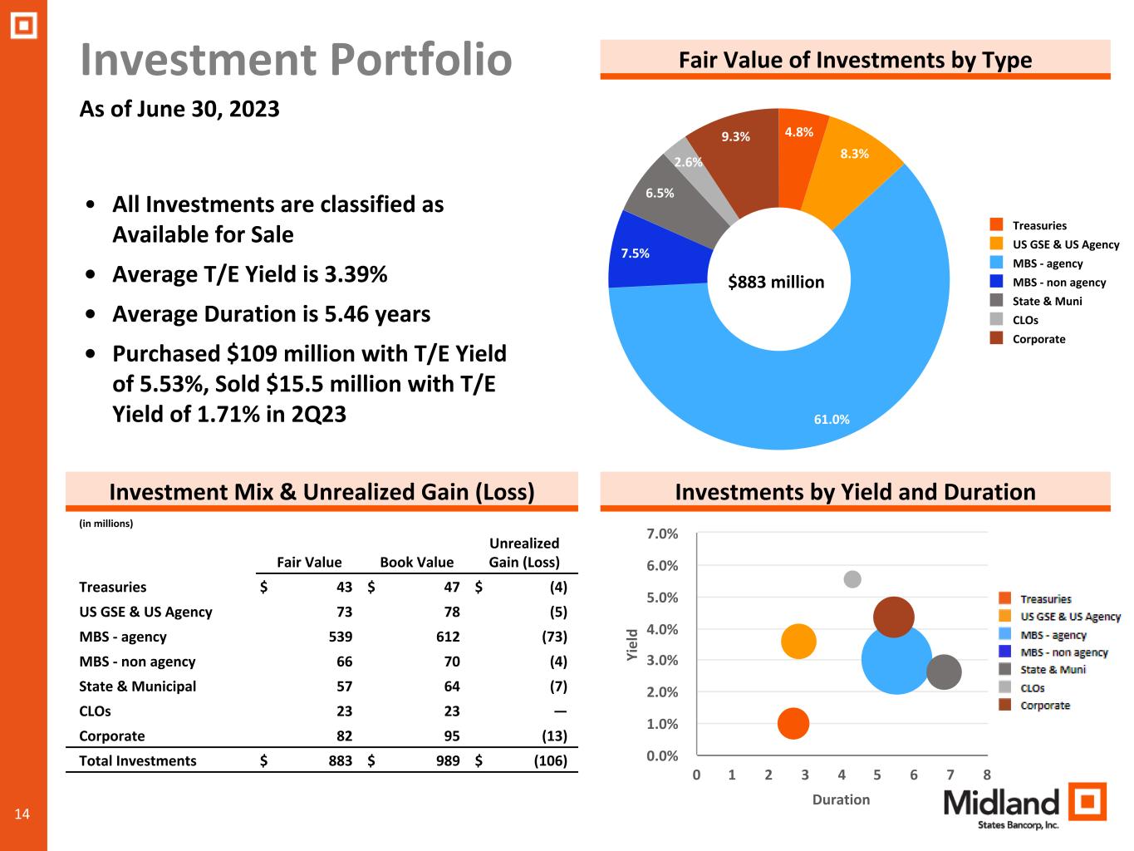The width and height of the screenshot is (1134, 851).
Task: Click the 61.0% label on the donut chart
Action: point(831,420)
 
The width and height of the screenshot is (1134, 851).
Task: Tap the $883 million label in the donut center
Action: point(776,283)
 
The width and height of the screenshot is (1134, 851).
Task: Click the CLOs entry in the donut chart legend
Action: point(1025,320)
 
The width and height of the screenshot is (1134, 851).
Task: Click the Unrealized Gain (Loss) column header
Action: point(524,553)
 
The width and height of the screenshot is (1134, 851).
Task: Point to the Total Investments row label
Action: point(138,761)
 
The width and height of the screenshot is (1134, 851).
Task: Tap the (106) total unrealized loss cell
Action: point(550,761)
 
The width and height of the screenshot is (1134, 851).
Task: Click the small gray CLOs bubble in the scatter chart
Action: point(852,579)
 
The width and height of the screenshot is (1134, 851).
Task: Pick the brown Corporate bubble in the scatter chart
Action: point(894,617)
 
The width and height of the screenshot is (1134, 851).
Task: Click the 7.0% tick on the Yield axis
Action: point(662,534)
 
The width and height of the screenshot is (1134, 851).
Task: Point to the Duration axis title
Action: point(841,799)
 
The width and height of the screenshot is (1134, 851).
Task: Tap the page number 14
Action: point(22,814)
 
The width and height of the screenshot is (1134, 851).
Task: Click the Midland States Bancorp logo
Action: point(1024,805)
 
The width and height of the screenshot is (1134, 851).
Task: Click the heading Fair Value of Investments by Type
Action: point(855,60)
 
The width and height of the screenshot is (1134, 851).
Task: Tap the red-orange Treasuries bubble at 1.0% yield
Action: point(793,723)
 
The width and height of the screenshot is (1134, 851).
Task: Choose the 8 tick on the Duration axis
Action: point(987,775)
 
